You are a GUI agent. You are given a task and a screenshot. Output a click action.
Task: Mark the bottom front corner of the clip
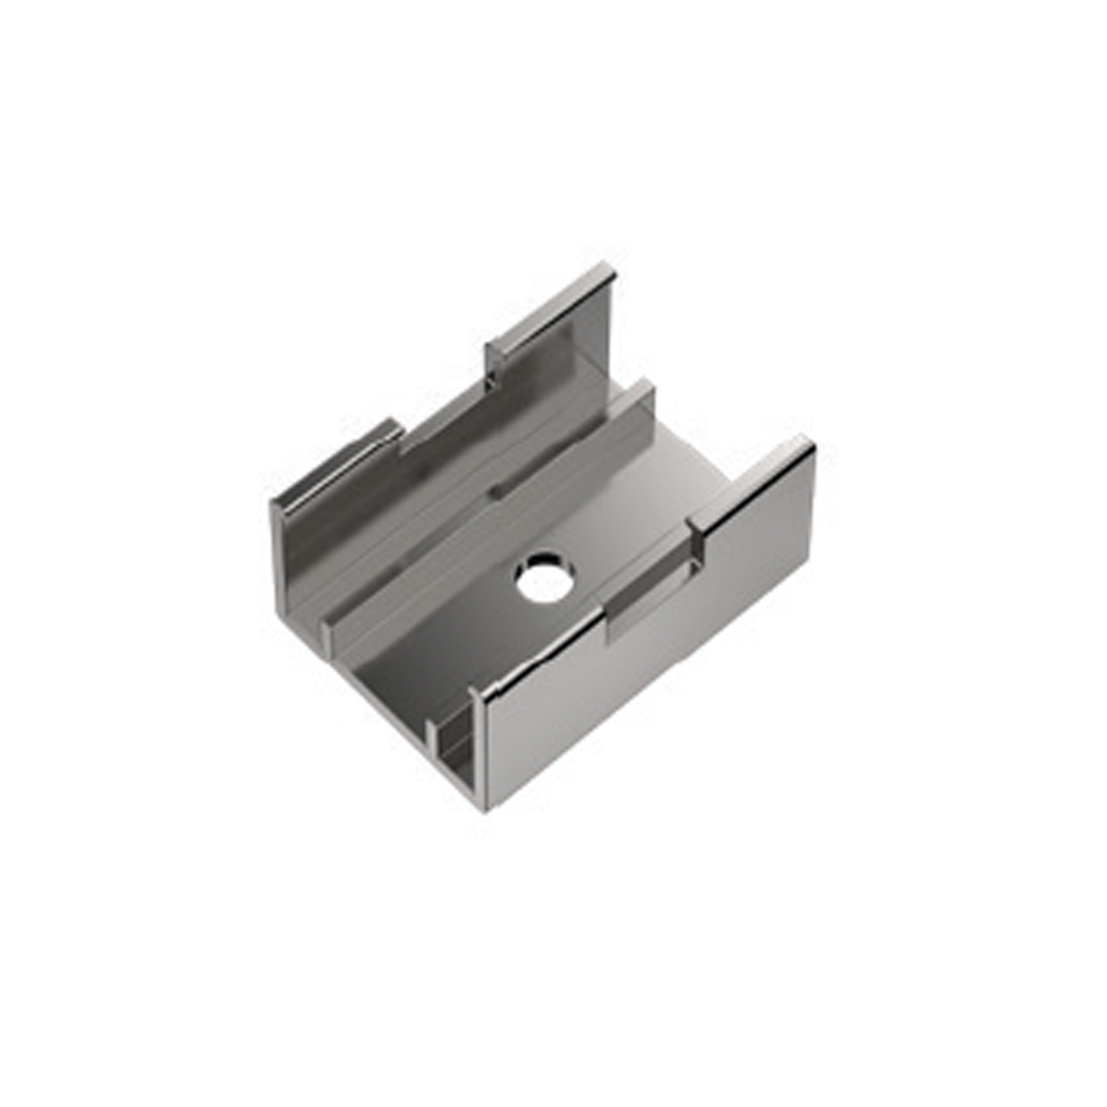(x=485, y=811)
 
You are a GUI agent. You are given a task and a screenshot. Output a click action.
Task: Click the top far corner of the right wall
(x=811, y=440)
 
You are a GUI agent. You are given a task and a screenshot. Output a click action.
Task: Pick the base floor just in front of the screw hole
(x=498, y=628)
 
